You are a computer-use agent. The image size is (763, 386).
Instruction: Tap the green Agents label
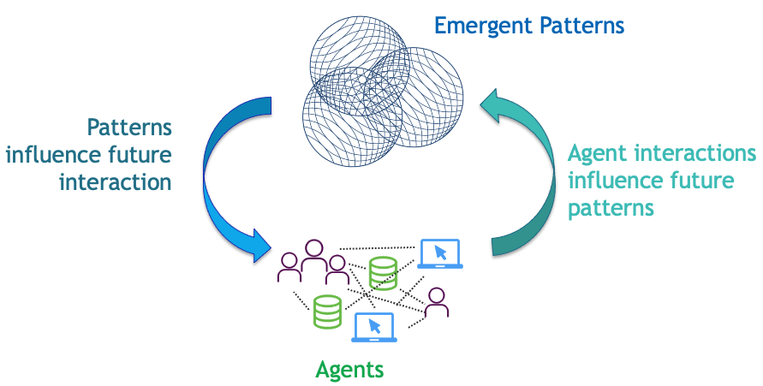349,370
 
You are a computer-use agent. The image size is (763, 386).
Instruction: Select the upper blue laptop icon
440,254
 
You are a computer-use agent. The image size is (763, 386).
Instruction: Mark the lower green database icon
327,312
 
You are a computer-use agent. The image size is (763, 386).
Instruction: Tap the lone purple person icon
436,303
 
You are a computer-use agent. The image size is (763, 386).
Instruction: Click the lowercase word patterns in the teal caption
611,208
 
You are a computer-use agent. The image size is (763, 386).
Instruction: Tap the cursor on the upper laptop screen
441,252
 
